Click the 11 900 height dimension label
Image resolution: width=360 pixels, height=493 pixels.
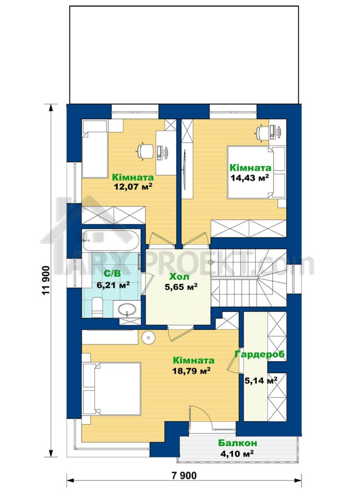click(45, 281)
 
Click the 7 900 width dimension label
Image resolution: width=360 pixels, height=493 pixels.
click(184, 476)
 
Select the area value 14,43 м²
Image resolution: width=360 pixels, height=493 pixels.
click(250, 178)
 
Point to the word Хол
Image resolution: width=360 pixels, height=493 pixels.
click(179, 277)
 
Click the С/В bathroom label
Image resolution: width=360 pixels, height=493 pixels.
click(112, 274)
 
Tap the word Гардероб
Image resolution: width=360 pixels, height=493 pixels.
click(260, 354)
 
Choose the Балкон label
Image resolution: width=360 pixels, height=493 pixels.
click(238, 443)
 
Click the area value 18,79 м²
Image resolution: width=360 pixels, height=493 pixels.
click(191, 371)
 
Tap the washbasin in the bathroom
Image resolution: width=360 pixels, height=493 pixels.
click(127, 310)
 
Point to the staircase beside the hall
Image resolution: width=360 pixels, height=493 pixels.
click(249, 278)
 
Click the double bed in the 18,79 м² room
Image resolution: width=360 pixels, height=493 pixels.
click(111, 389)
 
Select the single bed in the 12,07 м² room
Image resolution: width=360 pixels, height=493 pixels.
click(95, 155)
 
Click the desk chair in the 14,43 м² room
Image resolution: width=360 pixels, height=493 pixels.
click(261, 132)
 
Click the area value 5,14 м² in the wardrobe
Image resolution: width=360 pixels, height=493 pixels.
click(261, 381)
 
